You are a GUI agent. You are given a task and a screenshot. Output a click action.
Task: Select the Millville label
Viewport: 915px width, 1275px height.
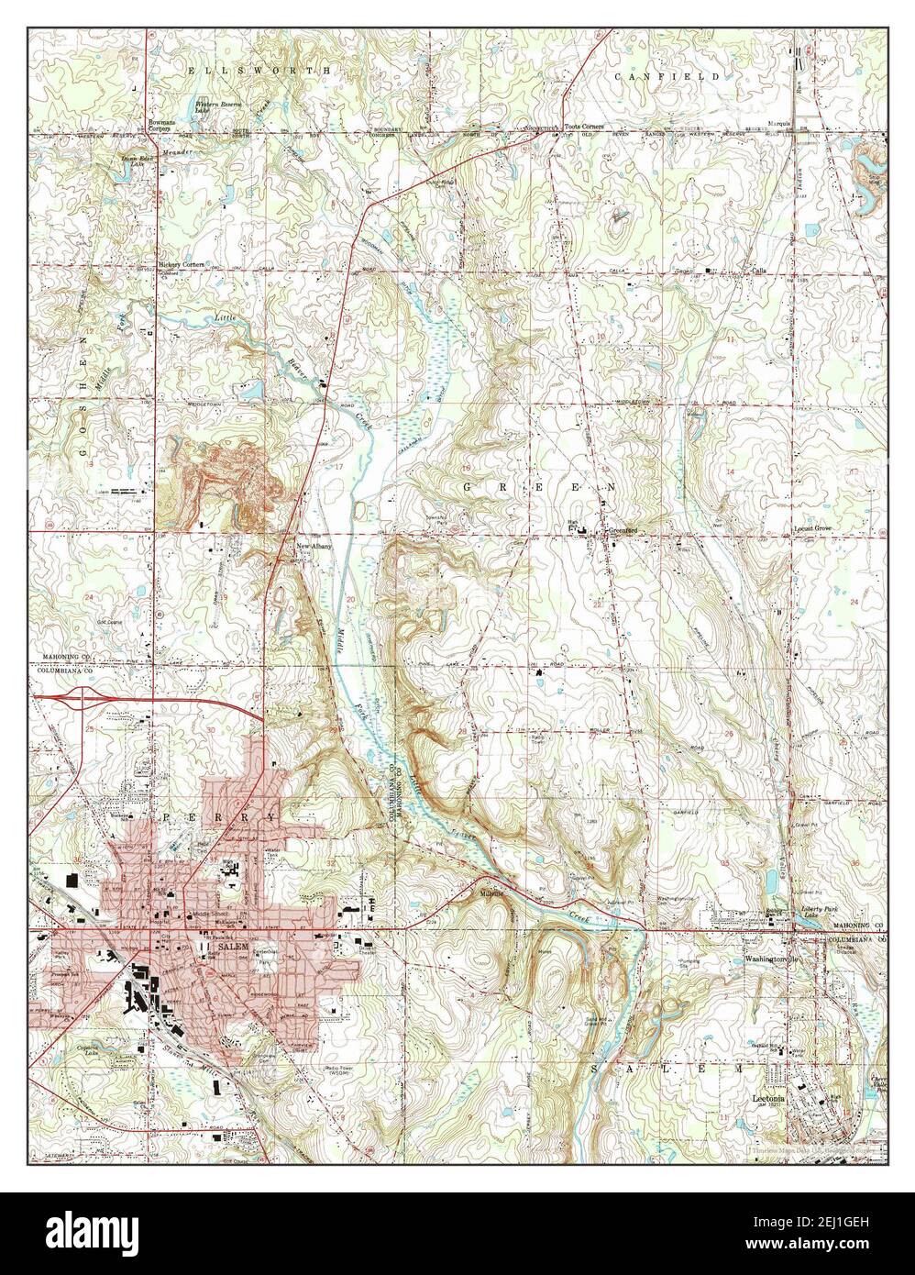[484, 892]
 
